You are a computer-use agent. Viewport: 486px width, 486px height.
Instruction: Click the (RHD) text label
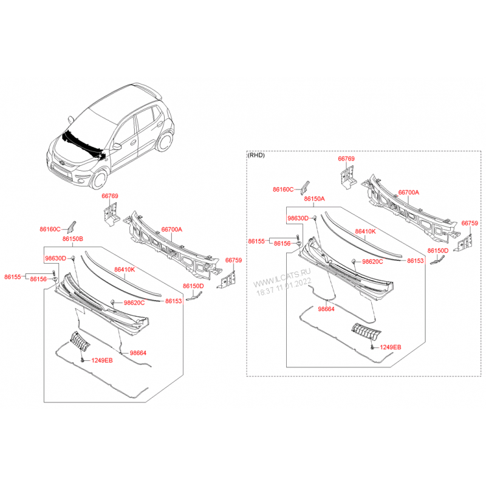pos(257,155)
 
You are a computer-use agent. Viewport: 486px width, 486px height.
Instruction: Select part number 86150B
pos(73,239)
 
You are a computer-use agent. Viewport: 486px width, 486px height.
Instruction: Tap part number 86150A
pos(314,199)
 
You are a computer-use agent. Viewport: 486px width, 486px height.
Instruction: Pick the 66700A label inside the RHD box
pos(408,192)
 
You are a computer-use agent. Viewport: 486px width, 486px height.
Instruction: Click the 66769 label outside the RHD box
pos(110,196)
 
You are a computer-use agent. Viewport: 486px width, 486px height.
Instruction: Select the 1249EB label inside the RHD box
pos(391,347)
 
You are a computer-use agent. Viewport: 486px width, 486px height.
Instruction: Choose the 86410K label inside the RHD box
pos(366,232)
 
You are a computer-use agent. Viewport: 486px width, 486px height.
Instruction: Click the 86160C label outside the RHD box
pos(50,229)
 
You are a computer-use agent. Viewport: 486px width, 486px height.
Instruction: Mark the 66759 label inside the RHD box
pos(470,223)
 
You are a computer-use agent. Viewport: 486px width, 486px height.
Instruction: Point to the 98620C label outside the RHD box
pos(134,302)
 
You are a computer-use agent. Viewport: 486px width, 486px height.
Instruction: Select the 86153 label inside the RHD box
pos(415,260)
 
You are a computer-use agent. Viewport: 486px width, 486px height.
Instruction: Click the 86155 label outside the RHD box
pos(12,277)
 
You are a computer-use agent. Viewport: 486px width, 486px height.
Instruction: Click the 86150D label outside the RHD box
pos(193,285)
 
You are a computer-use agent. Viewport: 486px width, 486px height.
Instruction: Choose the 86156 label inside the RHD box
pos(282,243)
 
